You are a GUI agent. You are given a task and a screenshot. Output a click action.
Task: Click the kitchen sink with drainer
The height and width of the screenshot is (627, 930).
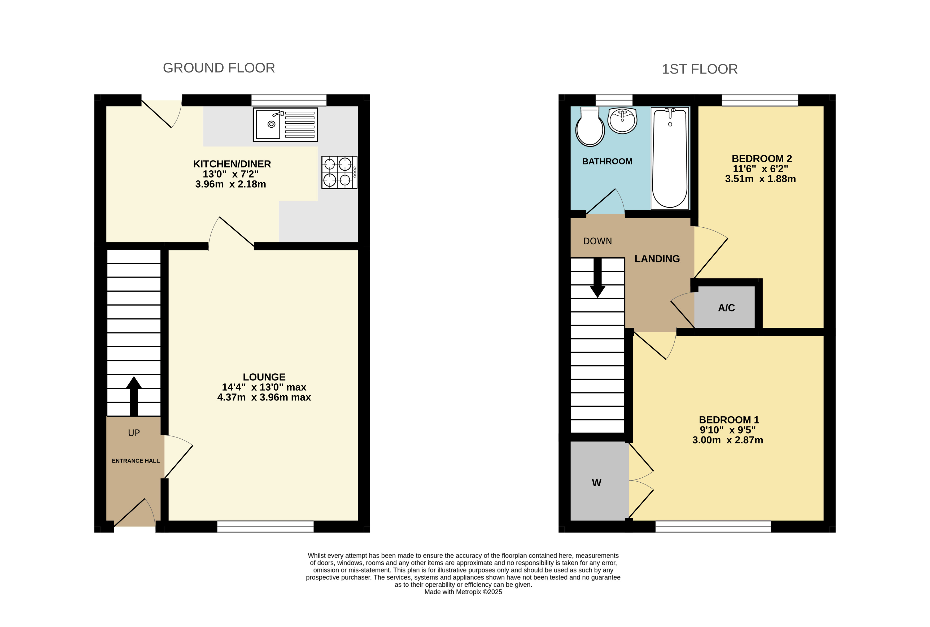285,124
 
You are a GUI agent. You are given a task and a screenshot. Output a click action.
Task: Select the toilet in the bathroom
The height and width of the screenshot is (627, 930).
590,126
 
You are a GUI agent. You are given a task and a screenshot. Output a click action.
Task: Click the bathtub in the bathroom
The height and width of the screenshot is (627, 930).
670,158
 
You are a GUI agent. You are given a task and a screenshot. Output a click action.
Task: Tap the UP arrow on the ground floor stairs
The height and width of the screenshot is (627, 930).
134,396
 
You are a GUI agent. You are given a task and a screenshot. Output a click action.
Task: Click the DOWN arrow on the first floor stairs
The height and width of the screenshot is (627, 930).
597,278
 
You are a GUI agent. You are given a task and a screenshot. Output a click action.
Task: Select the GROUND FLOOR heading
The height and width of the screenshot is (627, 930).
219,68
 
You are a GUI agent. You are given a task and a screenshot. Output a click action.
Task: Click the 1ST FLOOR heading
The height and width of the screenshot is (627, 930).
700,69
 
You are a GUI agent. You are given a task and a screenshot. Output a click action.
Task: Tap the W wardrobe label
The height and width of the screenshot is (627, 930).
596,483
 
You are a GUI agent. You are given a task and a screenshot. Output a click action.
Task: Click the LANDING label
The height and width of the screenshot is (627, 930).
657,259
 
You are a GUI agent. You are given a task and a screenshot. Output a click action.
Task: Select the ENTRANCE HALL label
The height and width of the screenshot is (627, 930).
136,461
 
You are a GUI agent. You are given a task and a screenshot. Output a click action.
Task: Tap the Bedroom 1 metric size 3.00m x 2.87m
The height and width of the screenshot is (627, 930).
727,440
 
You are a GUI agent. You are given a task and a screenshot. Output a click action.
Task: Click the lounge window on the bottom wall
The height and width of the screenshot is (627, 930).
265,526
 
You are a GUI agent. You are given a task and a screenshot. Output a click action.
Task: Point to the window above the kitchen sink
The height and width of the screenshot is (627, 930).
289,100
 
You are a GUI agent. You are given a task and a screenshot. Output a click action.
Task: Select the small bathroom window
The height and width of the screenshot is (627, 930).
614,100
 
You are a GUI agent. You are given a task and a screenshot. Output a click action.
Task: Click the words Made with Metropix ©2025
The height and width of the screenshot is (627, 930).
463,592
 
